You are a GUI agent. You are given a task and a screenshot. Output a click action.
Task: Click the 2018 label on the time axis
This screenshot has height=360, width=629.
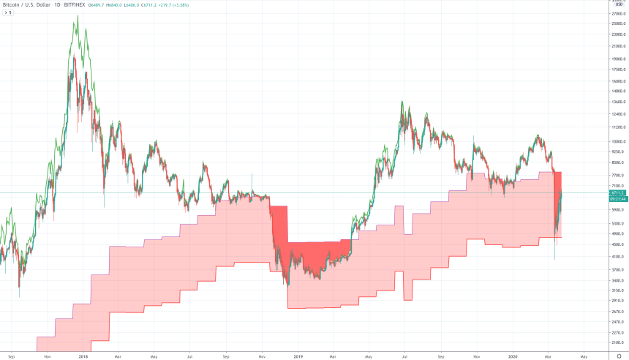pos(83,356)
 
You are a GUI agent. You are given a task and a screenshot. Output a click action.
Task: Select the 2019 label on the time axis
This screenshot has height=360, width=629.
pos(298,356)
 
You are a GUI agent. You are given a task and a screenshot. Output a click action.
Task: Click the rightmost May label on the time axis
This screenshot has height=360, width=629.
pos(583,356)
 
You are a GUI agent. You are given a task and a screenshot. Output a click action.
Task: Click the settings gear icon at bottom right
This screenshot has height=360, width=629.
pos(619,356)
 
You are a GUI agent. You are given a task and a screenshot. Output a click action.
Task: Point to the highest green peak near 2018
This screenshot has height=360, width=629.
pos(77,17)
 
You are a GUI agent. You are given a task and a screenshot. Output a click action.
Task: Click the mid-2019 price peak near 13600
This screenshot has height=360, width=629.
pos(402,102)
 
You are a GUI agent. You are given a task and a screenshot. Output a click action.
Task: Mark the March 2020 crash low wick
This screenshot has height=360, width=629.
pos(554,259)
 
